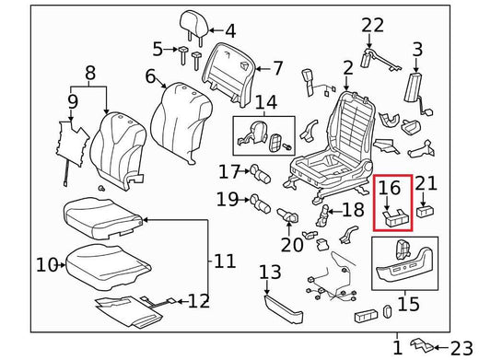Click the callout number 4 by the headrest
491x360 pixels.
pos(229,31)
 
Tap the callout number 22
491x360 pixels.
pos(372,25)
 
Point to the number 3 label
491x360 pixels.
pos(417,49)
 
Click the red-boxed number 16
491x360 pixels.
pos(391,189)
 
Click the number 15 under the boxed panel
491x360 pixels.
pos(407,303)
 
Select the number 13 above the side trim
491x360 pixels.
pos(270,272)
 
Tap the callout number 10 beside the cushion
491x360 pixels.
pos(46,265)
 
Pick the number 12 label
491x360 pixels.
pos(199,300)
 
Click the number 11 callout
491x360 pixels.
pos(225,262)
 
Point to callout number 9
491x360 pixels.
pos(73,101)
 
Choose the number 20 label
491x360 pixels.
pos(292,245)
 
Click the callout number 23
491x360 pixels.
pos(464,347)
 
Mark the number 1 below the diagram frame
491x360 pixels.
pos(397,347)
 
